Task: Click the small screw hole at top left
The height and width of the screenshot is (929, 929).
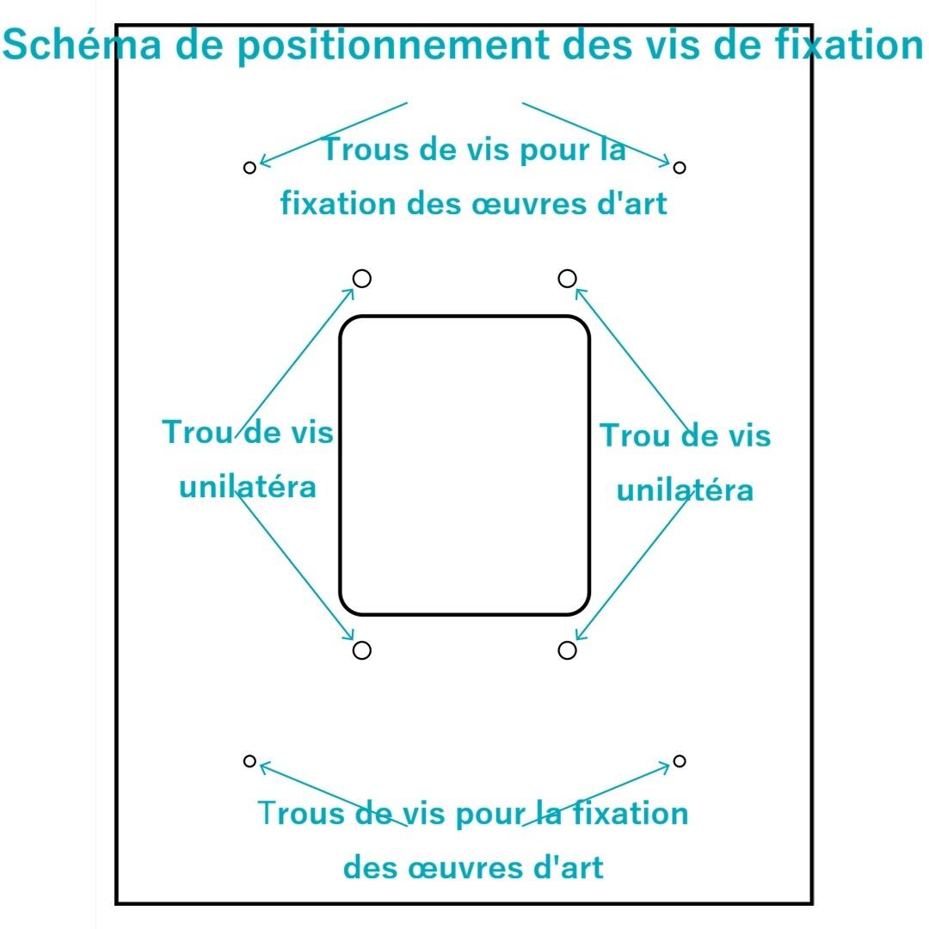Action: click(x=249, y=167)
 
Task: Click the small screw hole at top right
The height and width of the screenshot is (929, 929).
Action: click(x=680, y=167)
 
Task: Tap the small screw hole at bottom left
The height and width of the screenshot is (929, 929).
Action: click(x=249, y=760)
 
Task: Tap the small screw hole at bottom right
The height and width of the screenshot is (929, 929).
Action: click(x=680, y=760)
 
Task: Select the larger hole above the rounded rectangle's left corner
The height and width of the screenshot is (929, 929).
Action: click(x=362, y=279)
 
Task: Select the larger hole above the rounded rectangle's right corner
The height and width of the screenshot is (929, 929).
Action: click(x=567, y=278)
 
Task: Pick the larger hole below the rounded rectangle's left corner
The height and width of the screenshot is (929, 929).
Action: click(x=362, y=650)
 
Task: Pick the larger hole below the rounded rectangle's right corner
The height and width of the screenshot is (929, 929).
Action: click(x=567, y=650)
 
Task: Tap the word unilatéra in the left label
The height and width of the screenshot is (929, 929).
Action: click(x=248, y=487)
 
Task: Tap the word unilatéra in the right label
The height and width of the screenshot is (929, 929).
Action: click(x=686, y=489)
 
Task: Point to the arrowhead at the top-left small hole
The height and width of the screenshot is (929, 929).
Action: click(x=262, y=163)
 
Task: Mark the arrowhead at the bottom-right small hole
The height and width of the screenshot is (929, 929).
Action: click(x=668, y=764)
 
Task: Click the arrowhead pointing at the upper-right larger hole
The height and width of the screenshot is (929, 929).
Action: click(x=579, y=291)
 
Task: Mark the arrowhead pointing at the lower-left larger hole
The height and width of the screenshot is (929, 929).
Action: click(x=350, y=637)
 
